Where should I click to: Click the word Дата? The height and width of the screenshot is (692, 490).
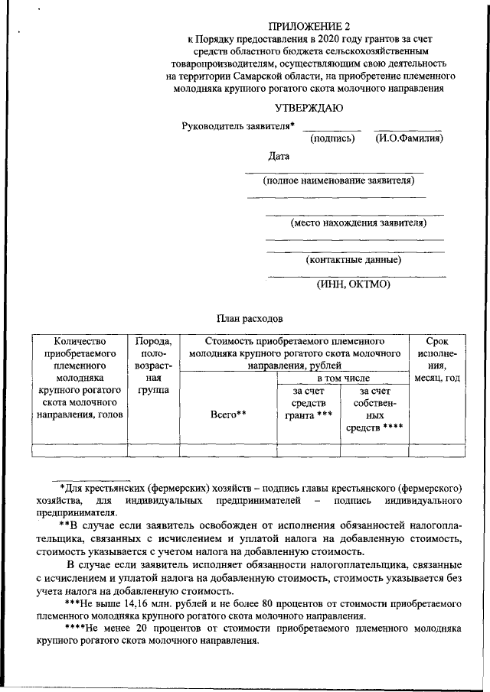pyautogui.click(x=279, y=157)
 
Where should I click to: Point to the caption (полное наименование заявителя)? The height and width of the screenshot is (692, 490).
pyautogui.click(x=338, y=181)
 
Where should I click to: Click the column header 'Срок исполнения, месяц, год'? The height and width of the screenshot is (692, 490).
pyautogui.click(x=438, y=360)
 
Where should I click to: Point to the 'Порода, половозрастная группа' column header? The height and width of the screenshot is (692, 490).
pyautogui.click(x=153, y=365)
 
